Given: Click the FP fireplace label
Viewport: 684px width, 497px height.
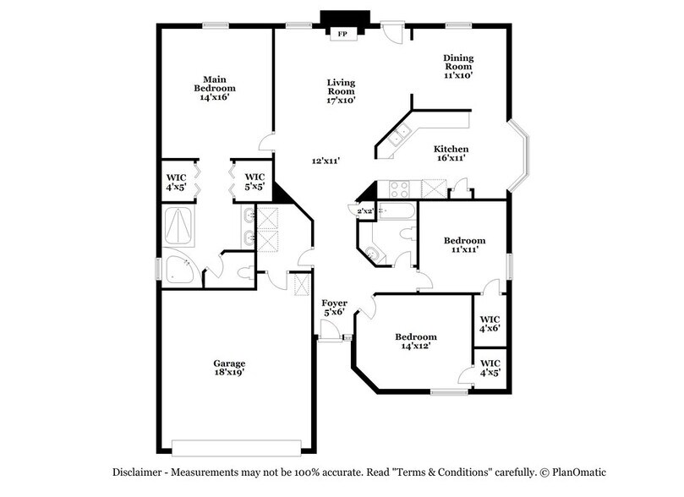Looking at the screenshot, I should point(342,34).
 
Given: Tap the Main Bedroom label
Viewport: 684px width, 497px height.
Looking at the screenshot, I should point(214,88).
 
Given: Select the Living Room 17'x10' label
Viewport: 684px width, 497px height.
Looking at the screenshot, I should point(341,91).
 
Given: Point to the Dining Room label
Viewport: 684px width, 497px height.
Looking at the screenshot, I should point(458,66).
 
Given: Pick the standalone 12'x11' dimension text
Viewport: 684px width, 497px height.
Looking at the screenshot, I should point(326,161).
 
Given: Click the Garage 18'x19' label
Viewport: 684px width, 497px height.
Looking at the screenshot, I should point(229,369).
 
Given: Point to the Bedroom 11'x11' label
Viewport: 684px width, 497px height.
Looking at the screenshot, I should point(465,246).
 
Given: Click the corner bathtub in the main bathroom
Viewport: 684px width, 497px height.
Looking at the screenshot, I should point(180,270).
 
